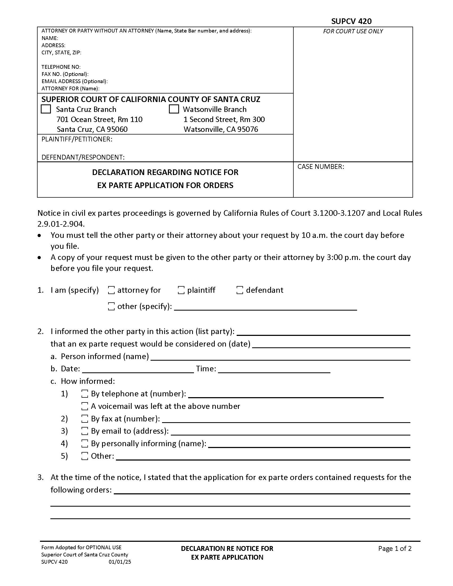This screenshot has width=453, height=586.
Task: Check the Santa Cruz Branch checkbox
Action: tap(46, 109)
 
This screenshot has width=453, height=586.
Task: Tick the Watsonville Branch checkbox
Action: tap(174, 109)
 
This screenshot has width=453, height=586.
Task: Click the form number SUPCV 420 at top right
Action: tap(351, 21)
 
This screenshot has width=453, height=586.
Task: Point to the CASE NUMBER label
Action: tap(320, 167)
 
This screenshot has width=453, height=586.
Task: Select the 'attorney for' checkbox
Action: tap(111, 290)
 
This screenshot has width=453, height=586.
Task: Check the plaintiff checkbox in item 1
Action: tap(181, 290)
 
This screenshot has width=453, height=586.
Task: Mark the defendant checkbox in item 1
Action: tap(240, 290)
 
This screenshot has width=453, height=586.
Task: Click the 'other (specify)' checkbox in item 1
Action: tap(111, 306)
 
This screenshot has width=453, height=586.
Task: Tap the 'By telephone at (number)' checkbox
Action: tap(85, 394)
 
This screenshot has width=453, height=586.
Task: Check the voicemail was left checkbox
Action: tap(85, 406)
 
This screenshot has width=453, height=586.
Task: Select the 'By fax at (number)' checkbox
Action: tap(85, 418)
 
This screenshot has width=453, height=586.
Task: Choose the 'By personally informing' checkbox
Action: tap(85, 443)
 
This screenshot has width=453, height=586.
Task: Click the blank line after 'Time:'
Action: tap(274, 370)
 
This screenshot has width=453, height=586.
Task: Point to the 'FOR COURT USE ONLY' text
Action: tap(353, 31)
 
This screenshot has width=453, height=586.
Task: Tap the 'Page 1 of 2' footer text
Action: tap(394, 548)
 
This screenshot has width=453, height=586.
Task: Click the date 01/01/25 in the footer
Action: tap(120, 562)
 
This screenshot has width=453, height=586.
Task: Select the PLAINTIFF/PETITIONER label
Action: tap(77, 139)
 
